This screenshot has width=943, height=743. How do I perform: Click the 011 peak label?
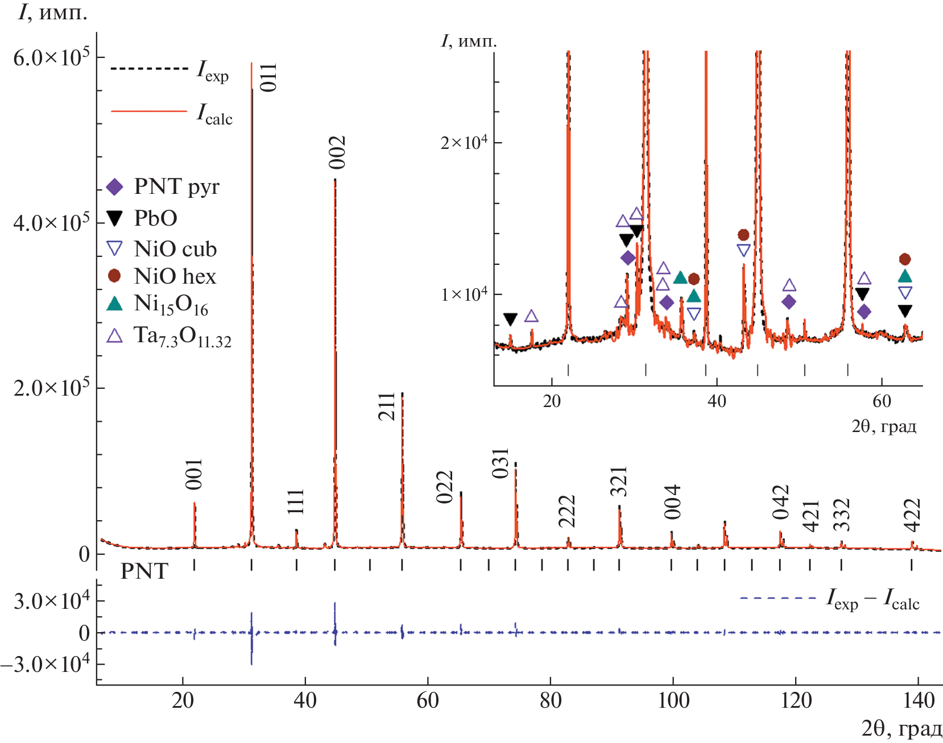pos(268,77)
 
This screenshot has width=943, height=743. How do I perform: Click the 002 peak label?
pos(337,152)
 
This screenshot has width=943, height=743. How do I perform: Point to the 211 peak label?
pos(387,406)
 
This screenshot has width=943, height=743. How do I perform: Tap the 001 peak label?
pos(194,474)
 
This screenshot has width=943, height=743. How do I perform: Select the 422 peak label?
pos(912,515)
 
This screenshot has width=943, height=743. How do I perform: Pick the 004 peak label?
pos(672,502)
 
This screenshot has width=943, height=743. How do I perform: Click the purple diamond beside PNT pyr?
pos(115,187)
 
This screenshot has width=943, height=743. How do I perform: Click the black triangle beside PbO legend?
pos(115,218)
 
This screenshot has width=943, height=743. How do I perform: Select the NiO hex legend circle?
pos(114,276)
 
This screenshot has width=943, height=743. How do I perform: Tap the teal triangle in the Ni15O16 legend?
pos(115,304)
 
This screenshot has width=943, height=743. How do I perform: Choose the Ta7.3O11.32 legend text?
pos(182,337)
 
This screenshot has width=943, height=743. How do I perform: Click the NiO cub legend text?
pos(175,249)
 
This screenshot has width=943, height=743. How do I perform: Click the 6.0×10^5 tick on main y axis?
pos(51,57)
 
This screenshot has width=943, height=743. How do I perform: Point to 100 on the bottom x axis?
pos(673,700)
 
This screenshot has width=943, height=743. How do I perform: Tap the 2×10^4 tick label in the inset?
pos(464,142)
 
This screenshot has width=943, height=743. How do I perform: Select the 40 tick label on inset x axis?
pos(717,401)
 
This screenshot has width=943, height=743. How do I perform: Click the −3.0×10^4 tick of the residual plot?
pos(46,663)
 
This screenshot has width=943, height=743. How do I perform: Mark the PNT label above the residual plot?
pos(144,571)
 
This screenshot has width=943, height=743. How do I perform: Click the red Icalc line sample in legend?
pos(149,111)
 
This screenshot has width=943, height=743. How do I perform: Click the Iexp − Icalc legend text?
pos(872,599)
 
